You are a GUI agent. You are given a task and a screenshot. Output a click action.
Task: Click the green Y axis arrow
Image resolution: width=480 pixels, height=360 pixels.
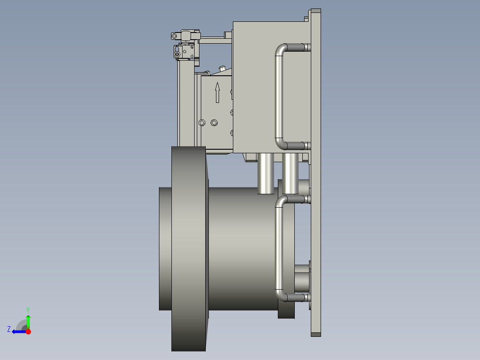click(28, 320)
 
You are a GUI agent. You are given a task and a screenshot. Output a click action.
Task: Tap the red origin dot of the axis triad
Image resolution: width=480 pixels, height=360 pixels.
click(28, 331)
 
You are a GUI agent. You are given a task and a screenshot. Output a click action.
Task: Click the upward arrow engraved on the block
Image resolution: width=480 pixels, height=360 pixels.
click(217, 92)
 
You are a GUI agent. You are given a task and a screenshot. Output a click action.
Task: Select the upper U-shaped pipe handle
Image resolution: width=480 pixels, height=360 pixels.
click(279, 96)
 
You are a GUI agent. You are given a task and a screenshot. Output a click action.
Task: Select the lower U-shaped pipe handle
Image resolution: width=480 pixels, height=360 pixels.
click(279, 247)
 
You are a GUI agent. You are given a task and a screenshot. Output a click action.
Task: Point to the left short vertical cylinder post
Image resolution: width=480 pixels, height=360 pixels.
click(266, 173)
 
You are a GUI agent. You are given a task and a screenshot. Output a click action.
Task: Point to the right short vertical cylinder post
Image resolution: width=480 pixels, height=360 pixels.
click(290, 173)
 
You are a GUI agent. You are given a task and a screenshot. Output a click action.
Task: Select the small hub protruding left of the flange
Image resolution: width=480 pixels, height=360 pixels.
click(165, 248)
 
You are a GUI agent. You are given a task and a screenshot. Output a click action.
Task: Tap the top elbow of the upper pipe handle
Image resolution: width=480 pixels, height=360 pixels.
click(281, 49)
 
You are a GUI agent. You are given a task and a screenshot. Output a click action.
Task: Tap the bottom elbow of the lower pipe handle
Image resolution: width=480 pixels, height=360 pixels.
click(281, 295)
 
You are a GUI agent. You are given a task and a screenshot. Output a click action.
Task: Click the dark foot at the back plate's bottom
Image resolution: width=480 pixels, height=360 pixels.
click(315, 334)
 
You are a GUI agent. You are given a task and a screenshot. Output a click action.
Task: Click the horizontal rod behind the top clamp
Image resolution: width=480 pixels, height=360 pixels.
click(214, 37)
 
